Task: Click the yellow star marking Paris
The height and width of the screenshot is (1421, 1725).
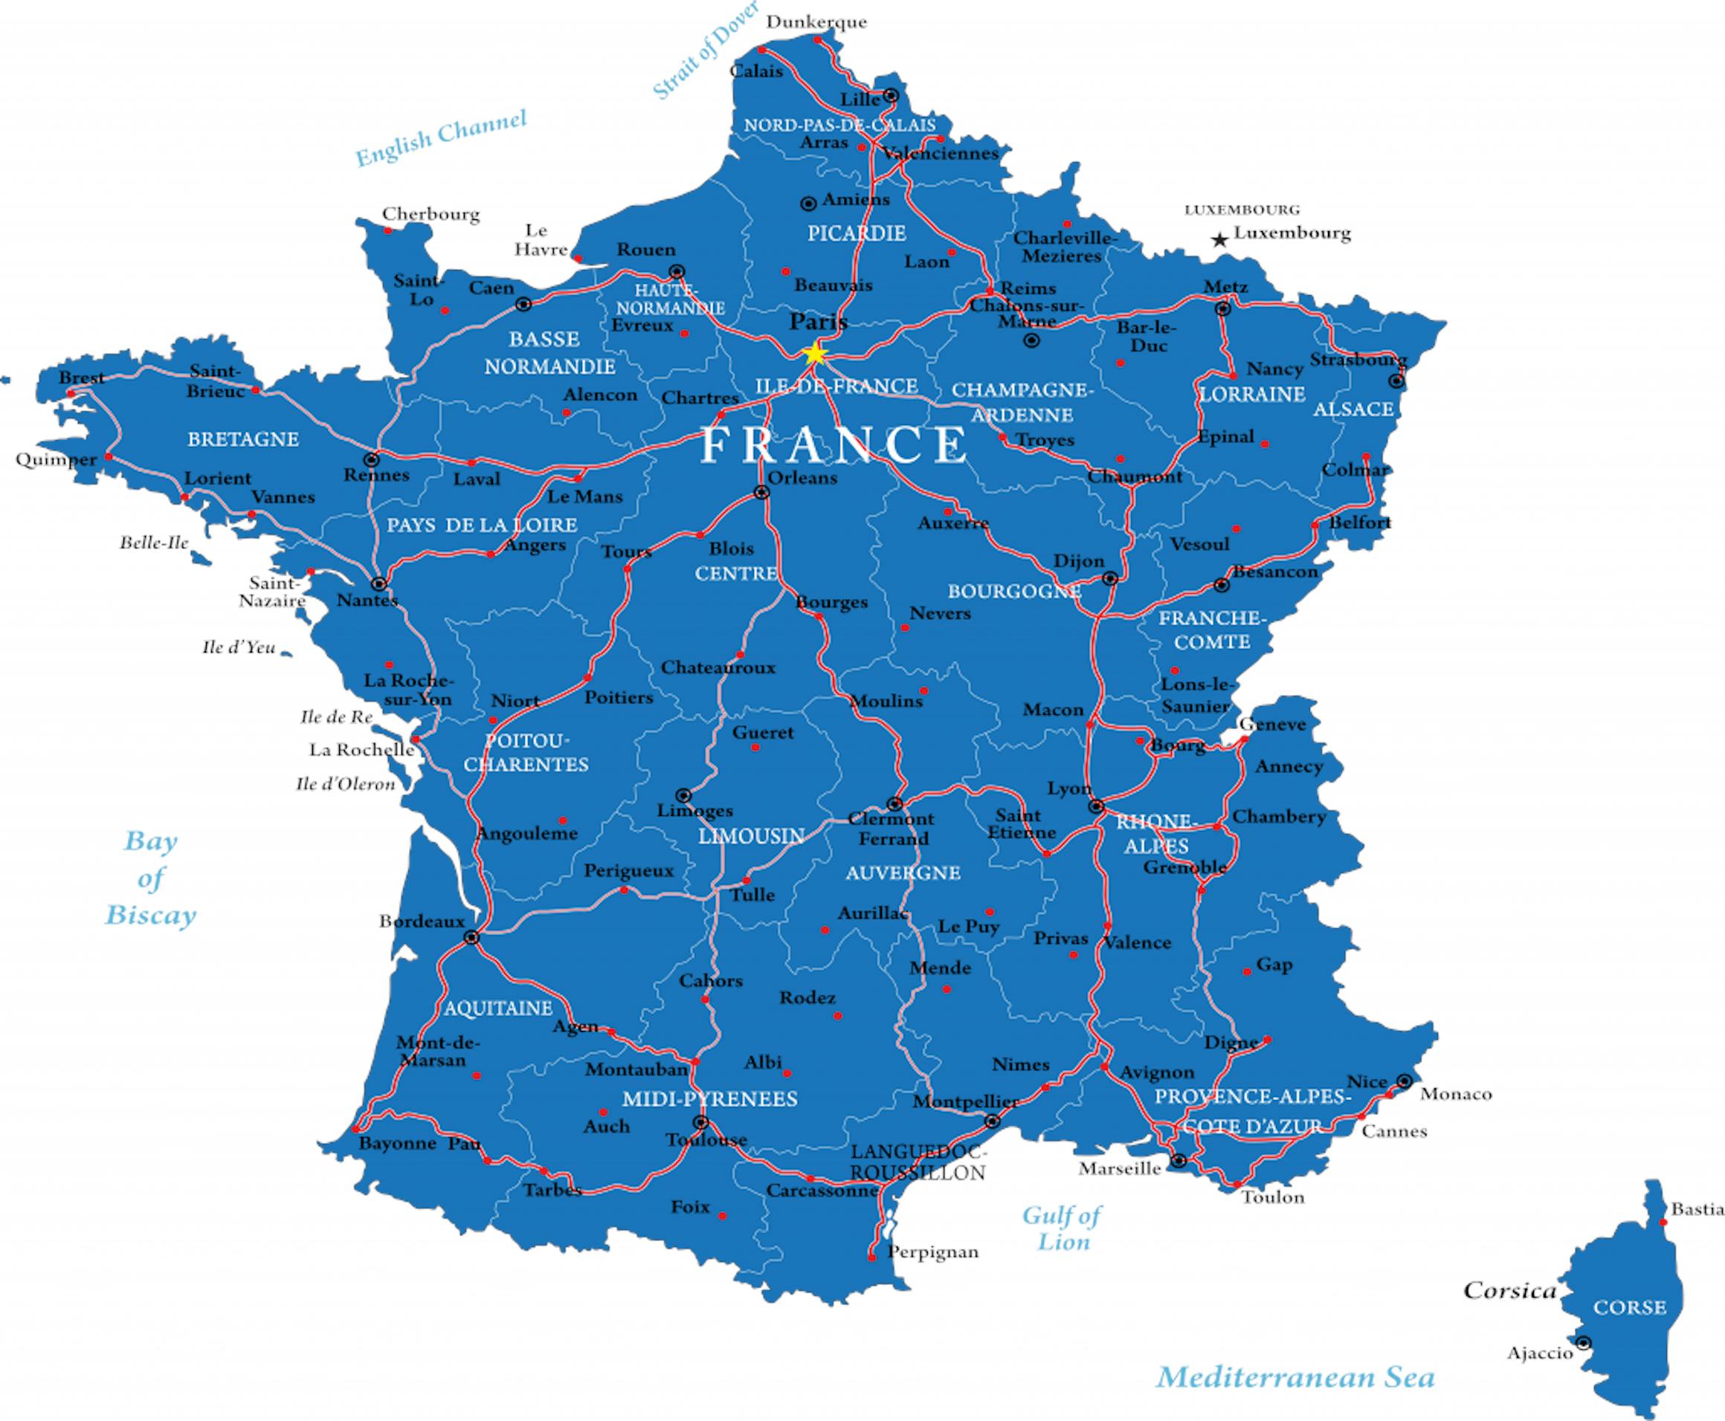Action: [815, 354]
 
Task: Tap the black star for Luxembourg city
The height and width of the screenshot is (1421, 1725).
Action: [1220, 240]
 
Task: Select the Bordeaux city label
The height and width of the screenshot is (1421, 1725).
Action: [421, 922]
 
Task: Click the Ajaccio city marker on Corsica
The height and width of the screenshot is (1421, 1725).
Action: [1584, 1343]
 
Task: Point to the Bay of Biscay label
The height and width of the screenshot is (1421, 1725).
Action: [151, 878]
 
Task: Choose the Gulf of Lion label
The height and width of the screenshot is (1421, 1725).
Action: [1063, 1228]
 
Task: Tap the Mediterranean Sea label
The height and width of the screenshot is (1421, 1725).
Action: [1296, 1377]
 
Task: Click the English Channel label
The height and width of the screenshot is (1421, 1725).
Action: [440, 137]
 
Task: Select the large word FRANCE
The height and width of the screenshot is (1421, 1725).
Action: [834, 444]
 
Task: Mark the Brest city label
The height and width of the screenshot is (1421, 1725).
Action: [82, 378]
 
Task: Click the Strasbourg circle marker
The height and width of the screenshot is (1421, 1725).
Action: [1396, 381]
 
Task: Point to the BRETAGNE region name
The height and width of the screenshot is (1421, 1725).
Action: [243, 439]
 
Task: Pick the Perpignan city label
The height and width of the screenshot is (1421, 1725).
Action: [932, 1252]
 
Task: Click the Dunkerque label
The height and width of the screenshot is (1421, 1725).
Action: [816, 22]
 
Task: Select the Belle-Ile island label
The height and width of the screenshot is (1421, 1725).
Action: [154, 543]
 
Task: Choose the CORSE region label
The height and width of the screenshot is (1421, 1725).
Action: [1629, 1307]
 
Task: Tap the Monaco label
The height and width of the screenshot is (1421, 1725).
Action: [1456, 1093]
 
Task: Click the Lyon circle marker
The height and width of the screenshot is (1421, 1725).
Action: [1096, 806]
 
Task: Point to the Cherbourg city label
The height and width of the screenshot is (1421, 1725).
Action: [431, 215]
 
